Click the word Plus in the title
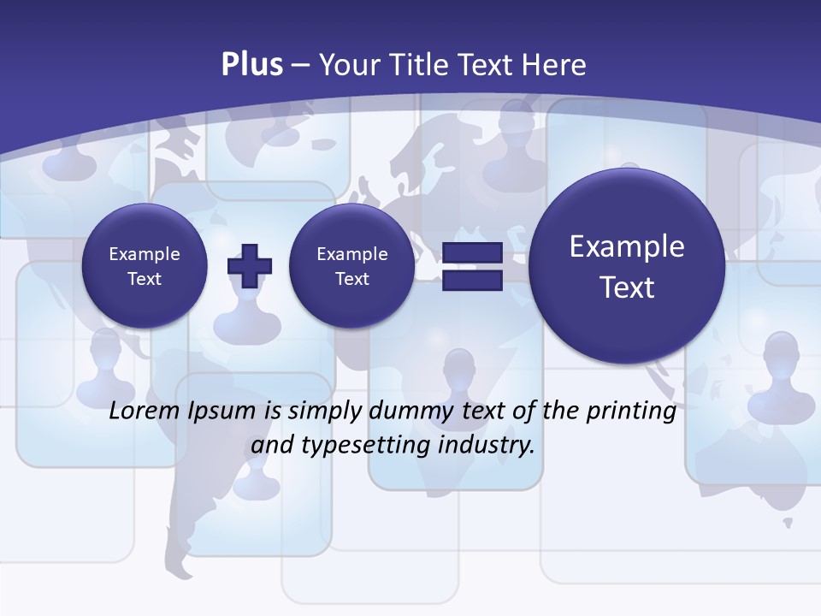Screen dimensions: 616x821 click(x=251, y=65)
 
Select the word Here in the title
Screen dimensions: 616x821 click(x=555, y=65)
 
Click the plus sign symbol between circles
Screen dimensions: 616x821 click(x=250, y=265)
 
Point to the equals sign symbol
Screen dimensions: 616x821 click(x=471, y=266)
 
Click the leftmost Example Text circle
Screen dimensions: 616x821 click(x=145, y=266)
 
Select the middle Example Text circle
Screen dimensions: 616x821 click(x=352, y=266)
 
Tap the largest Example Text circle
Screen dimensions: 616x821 click(x=627, y=266)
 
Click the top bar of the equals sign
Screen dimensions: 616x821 click(x=471, y=252)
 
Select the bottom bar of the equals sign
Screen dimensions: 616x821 click(x=471, y=281)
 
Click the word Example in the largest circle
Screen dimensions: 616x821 click(x=627, y=246)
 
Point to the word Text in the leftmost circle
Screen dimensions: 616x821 click(x=145, y=279)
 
